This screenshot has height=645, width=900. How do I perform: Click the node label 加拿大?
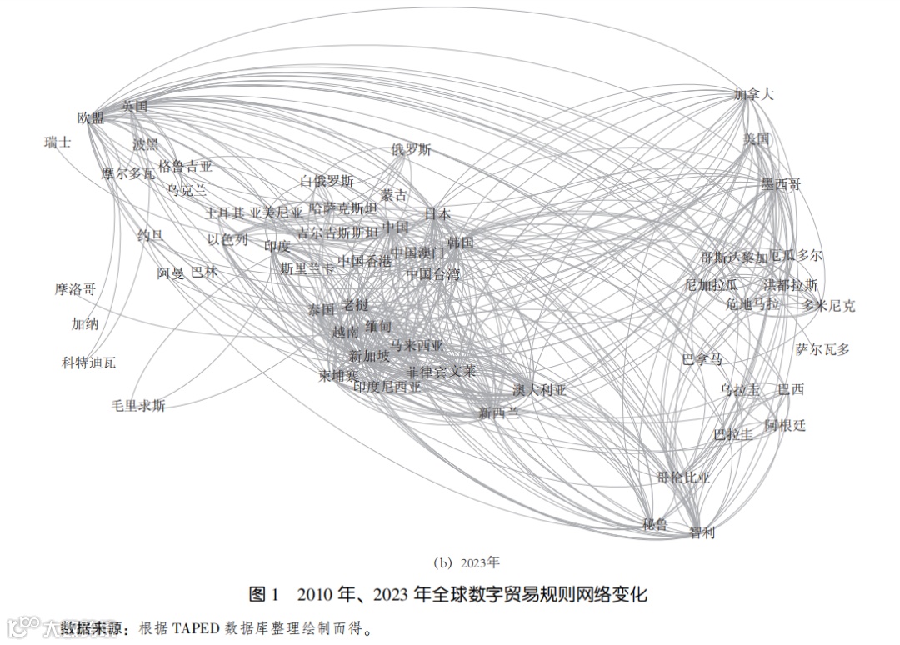(x=754, y=95)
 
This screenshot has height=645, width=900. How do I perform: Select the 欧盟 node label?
(x=91, y=118)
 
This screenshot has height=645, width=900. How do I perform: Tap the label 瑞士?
(x=57, y=142)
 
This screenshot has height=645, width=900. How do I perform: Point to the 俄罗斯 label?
(x=412, y=150)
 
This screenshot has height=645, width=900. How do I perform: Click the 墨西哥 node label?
(x=781, y=184)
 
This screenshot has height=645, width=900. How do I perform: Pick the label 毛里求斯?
(x=138, y=406)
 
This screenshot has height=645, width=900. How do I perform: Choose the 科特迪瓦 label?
(x=88, y=362)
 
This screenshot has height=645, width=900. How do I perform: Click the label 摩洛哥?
(x=75, y=290)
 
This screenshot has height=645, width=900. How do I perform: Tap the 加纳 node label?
(x=85, y=324)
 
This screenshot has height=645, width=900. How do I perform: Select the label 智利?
(x=702, y=532)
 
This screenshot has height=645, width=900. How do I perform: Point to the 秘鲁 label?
(x=655, y=524)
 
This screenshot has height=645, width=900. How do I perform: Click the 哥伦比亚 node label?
(x=683, y=477)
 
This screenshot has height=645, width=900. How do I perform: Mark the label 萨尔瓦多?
(x=822, y=349)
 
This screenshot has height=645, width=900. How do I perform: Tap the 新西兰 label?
(x=499, y=412)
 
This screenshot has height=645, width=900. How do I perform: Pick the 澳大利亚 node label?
(x=539, y=390)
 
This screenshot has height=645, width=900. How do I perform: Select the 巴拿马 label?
(x=702, y=360)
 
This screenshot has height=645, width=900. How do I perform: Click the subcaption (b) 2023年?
(x=450, y=562)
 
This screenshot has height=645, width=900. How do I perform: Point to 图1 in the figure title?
(x=264, y=595)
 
